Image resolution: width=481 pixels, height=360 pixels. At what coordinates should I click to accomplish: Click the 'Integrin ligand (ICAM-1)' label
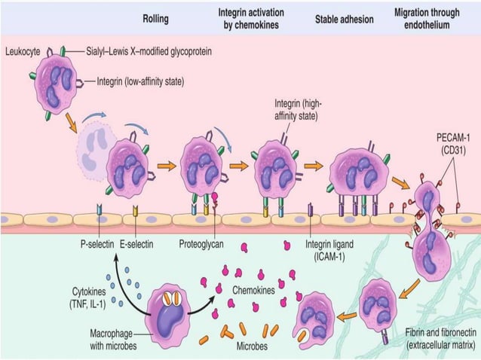point(329,249)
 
